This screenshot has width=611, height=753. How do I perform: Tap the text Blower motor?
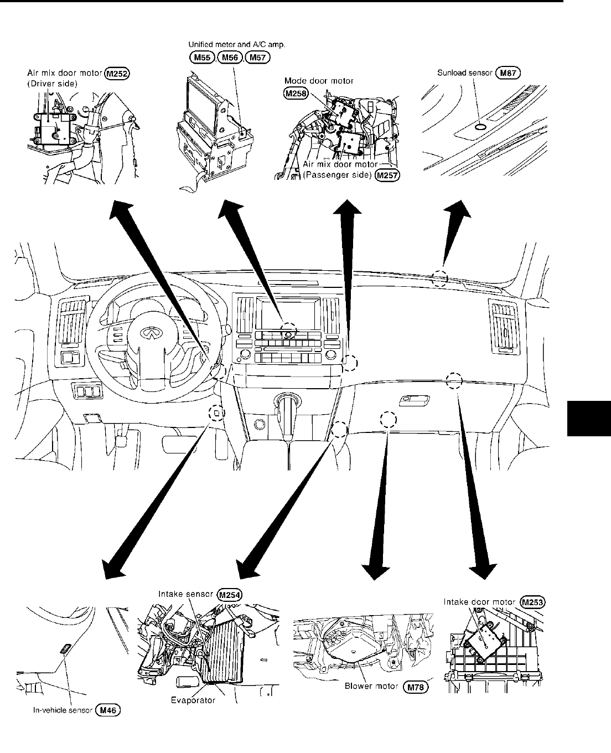[x=371, y=687]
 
